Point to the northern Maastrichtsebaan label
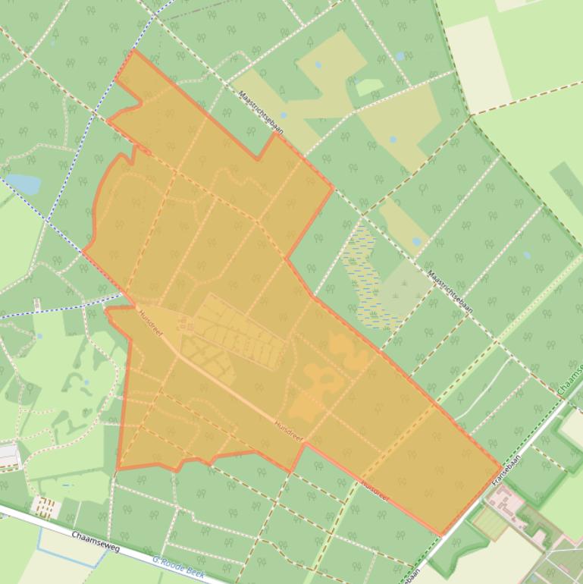point(261,113)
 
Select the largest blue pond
point(23,184)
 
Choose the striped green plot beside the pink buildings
point(489,523)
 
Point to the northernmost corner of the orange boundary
point(133,51)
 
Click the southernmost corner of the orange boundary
point(440,535)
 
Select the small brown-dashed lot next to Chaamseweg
point(47,506)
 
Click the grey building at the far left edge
point(9,455)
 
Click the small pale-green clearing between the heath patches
point(368,86)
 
